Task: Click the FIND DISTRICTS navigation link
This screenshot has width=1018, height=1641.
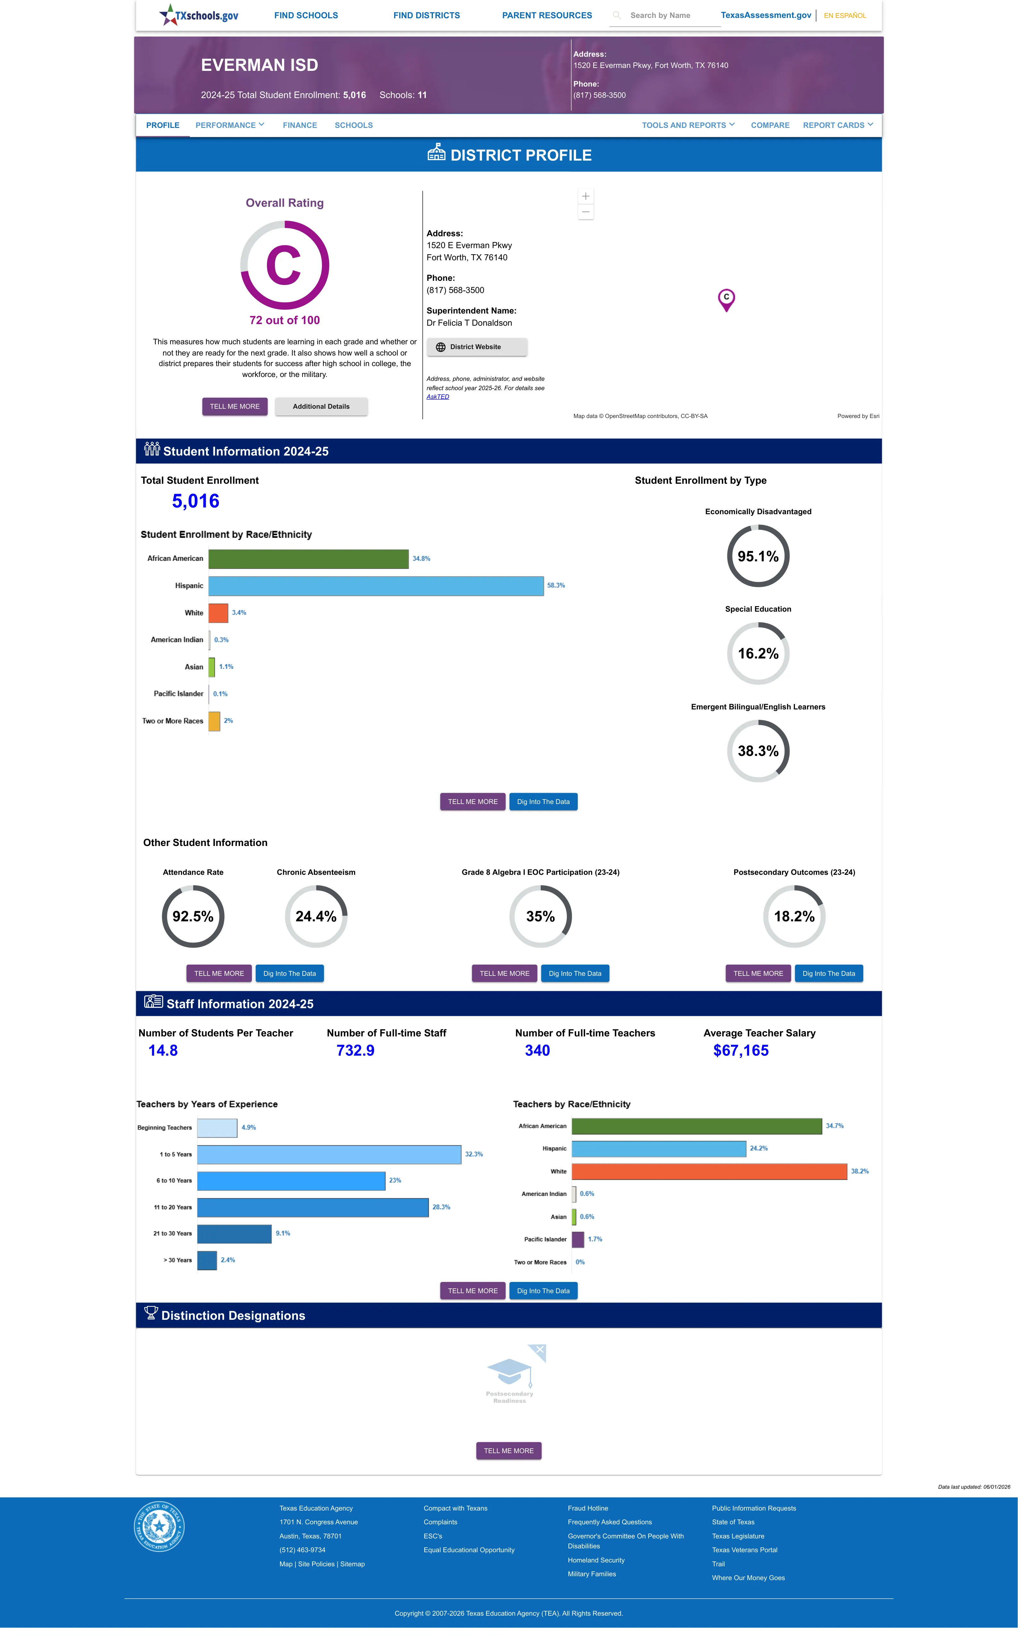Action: coord(426,15)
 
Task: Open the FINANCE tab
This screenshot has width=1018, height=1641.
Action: coord(300,125)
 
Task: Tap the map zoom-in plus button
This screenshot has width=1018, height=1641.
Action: coord(586,196)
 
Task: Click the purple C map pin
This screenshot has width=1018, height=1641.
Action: coord(726,299)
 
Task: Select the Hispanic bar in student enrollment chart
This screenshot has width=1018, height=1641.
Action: coord(376,586)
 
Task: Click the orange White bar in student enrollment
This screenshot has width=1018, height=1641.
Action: coord(218,613)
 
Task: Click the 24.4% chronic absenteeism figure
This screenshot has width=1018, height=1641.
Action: coord(316,917)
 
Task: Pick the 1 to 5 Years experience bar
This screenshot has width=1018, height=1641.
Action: coord(329,1154)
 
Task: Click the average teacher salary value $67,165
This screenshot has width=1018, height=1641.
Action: coord(741,1051)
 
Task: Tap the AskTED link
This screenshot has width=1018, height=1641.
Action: coord(438,397)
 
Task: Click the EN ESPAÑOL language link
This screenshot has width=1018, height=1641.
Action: coord(845,15)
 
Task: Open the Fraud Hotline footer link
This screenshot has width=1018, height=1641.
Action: coord(588,1508)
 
